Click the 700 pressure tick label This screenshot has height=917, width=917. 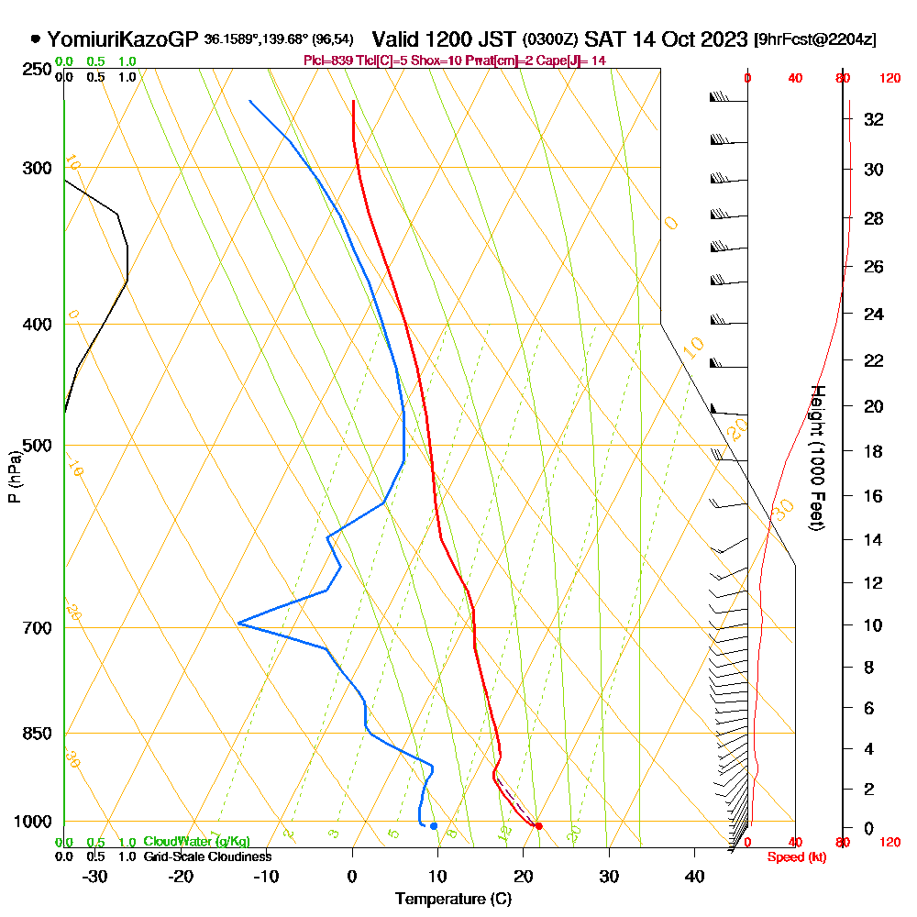point(37,628)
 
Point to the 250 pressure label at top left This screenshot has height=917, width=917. point(37,70)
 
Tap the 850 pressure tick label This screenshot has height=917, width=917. point(37,734)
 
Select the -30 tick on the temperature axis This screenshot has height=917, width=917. point(95,877)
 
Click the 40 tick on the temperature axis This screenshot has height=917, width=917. point(694,877)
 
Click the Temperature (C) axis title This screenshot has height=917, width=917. point(453,900)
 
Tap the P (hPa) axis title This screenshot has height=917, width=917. point(14,476)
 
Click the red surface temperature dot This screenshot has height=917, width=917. point(538,826)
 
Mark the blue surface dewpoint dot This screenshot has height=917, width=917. point(434,826)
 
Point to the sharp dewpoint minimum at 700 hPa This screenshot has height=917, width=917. point(239,624)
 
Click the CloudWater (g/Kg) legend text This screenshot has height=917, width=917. point(196,842)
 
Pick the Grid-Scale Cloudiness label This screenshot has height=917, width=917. point(207,856)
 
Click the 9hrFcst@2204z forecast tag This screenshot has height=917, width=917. point(814,40)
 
